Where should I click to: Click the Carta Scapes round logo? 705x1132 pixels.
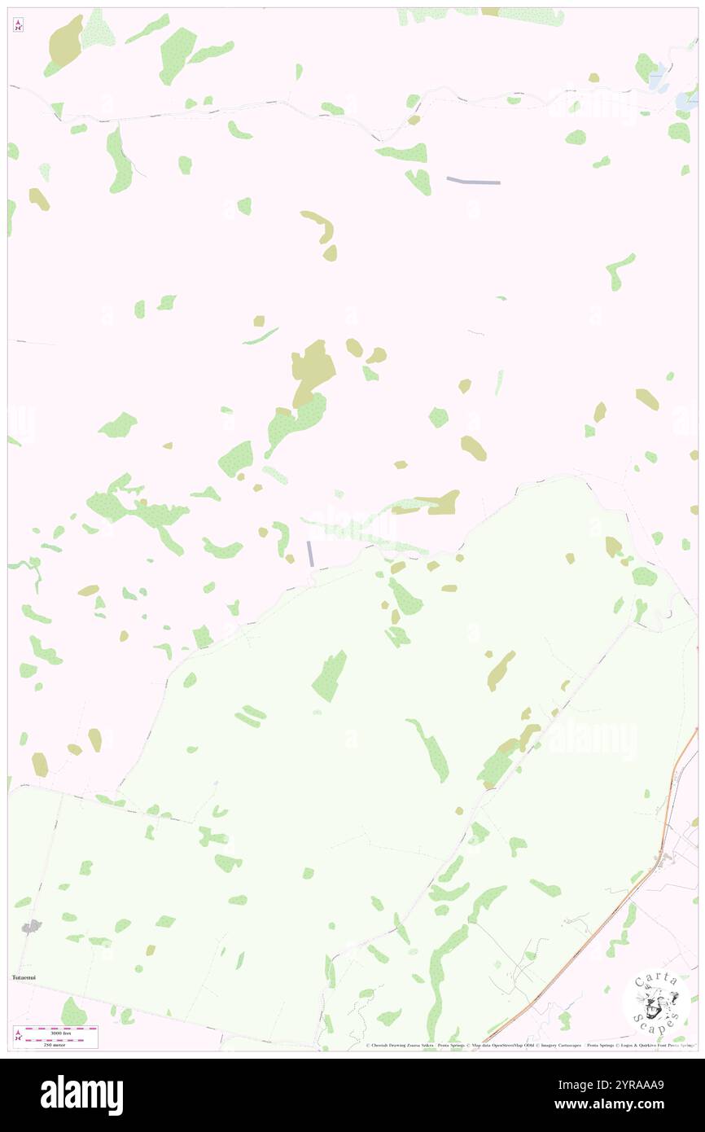pos(656,1001)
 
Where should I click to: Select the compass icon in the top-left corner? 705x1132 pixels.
pos(18,25)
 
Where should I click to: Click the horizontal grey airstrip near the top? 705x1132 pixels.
pos(473,181)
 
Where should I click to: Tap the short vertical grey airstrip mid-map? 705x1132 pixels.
pos(310,554)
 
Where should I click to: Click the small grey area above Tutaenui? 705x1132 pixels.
pos(31,926)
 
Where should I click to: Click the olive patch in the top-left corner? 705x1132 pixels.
pos(66,42)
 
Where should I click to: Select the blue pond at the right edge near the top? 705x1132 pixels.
pos(685,99)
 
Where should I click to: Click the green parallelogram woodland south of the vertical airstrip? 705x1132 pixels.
pos(329,677)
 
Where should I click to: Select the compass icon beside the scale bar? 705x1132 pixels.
pos(19,1035)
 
